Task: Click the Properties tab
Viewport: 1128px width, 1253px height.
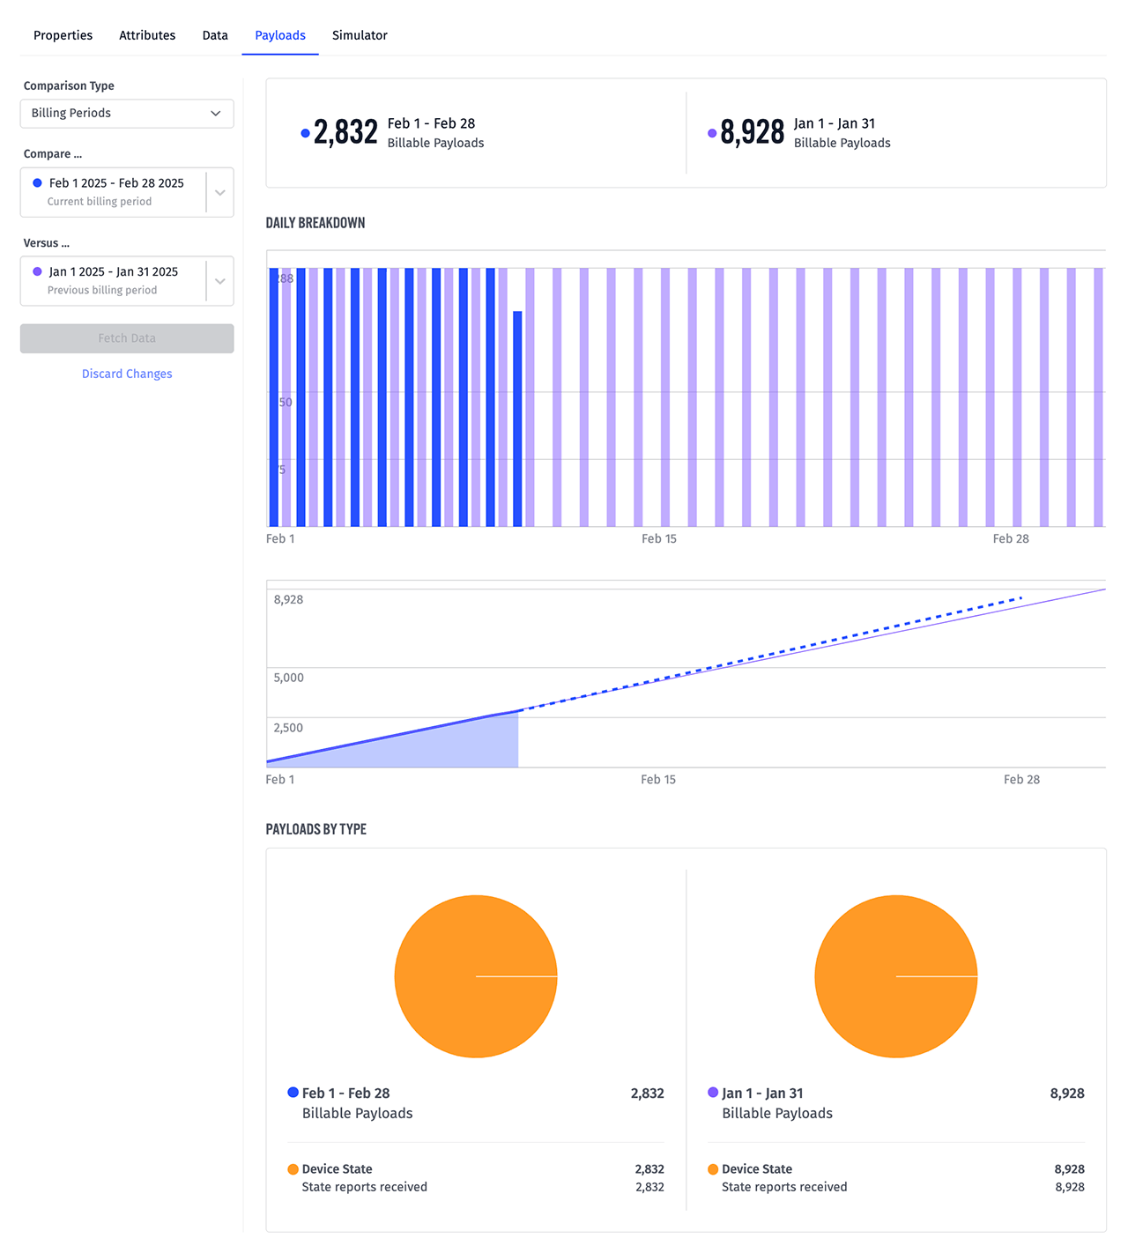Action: pos(63,35)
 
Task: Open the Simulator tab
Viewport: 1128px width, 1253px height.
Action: pos(360,35)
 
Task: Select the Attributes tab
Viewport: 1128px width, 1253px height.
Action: pos(147,35)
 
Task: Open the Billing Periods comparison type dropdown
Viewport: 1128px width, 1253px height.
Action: pos(127,114)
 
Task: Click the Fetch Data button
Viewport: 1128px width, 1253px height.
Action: pos(127,338)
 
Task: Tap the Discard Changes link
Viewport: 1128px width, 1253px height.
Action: pos(127,374)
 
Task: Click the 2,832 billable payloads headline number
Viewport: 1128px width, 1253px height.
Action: pos(345,132)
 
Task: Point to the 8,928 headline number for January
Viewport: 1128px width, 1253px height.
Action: pos(752,132)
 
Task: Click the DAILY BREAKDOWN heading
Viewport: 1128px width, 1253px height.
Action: pos(315,223)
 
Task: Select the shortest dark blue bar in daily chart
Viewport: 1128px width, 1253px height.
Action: pos(517,419)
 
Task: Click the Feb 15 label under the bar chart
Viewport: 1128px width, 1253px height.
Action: pos(659,538)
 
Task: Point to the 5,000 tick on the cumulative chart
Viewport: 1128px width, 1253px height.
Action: pos(288,678)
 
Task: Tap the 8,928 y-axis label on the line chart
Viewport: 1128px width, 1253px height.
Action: pos(288,599)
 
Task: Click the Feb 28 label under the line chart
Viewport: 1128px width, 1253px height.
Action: pos(1021,779)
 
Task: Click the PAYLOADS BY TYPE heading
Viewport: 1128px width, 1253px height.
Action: pos(315,829)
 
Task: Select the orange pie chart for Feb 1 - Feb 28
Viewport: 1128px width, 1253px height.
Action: pos(476,976)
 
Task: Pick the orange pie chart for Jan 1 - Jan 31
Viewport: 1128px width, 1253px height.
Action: pos(896,976)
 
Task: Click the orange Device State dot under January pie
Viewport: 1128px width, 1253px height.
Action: pos(713,1169)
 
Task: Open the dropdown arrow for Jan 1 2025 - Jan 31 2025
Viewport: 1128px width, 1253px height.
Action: pos(220,281)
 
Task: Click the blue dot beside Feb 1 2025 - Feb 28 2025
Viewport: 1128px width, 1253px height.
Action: pos(37,183)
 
